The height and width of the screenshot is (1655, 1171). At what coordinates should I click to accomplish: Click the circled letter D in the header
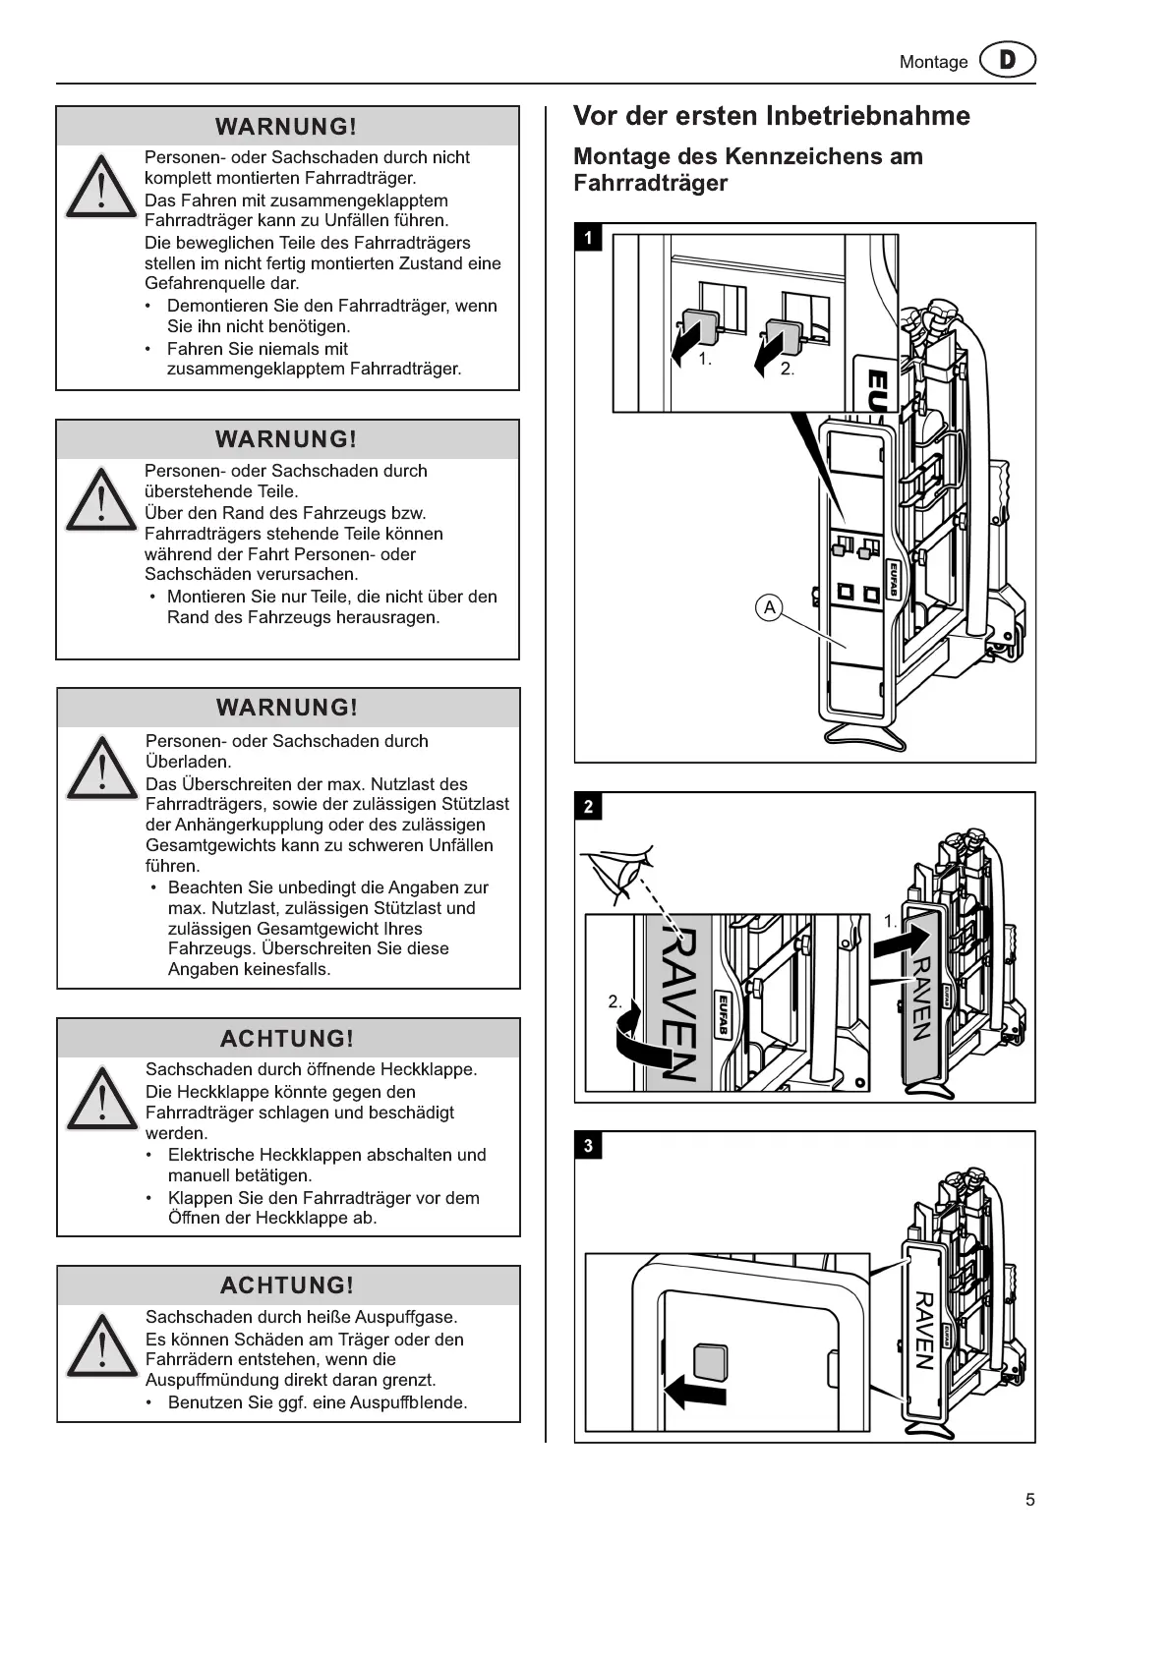(x=1008, y=61)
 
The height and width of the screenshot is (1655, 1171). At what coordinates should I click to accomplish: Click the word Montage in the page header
(x=933, y=62)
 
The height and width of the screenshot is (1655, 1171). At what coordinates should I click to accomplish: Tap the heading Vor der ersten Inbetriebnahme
(x=771, y=116)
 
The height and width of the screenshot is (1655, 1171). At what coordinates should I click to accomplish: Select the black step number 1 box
(x=588, y=237)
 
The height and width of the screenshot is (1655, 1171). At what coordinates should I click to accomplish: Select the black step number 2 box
(x=588, y=807)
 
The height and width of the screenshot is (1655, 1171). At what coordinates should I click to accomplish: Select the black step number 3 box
(x=588, y=1145)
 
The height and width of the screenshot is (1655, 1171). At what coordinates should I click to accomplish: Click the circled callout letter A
(x=769, y=607)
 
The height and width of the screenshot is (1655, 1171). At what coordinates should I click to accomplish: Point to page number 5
(x=1029, y=1500)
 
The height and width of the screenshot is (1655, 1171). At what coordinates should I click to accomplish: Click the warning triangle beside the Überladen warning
(x=100, y=769)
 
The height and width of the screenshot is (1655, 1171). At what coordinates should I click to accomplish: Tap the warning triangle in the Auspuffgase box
(x=100, y=1345)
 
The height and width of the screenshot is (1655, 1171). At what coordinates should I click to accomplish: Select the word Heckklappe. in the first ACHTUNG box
(x=434, y=1069)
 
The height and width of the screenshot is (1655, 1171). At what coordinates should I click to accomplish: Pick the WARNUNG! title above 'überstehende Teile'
(x=286, y=439)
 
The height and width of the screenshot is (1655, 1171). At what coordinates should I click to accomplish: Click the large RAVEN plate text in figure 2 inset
(x=673, y=1002)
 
